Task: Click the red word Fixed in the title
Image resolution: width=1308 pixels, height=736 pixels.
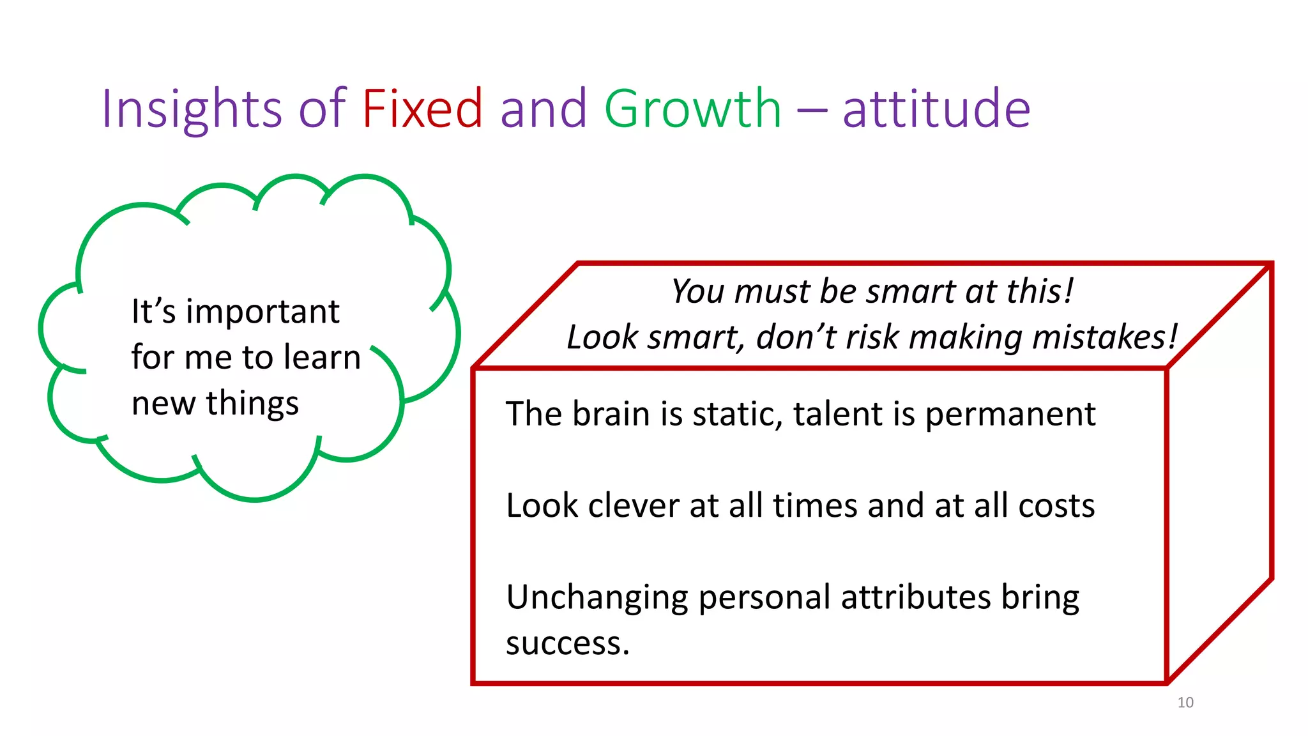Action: tap(422, 109)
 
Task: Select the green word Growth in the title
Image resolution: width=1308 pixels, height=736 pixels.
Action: tap(692, 109)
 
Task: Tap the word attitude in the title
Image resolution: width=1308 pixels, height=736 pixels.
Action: tap(936, 109)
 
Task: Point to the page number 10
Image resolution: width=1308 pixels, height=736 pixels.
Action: tap(1185, 702)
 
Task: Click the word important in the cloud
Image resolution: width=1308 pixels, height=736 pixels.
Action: tap(262, 313)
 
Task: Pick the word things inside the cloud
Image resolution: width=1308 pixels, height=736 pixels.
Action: tap(252, 404)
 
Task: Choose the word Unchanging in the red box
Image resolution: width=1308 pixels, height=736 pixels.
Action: tap(597, 598)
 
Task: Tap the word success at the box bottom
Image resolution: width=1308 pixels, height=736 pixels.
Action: tap(565, 643)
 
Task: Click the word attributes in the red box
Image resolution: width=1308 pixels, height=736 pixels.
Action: tap(915, 598)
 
